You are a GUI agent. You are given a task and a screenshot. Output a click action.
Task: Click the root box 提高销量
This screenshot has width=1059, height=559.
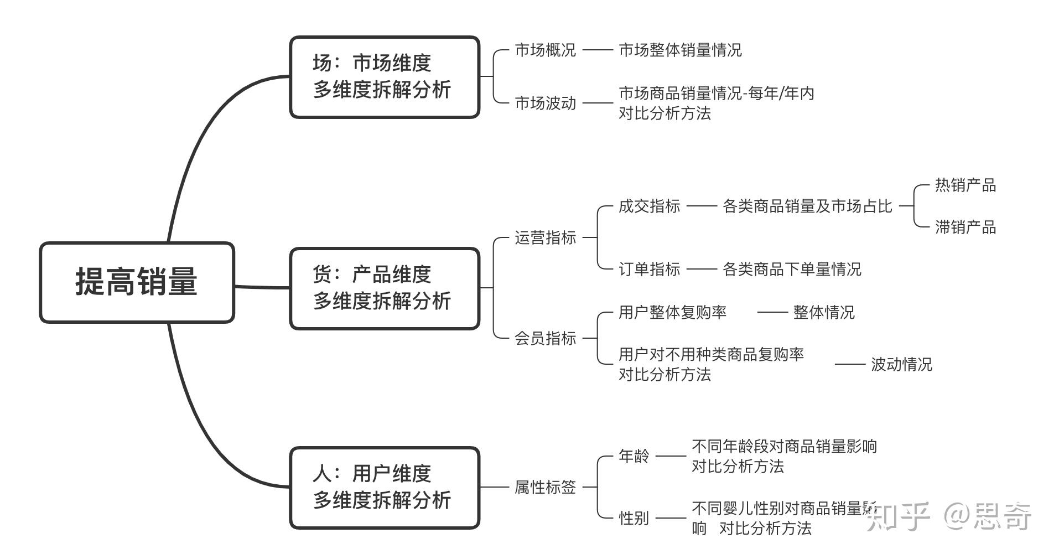point(137,282)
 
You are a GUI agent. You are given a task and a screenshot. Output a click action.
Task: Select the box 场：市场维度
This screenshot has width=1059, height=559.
point(384,77)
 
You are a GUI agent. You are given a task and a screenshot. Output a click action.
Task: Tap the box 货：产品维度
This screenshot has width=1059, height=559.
point(384,288)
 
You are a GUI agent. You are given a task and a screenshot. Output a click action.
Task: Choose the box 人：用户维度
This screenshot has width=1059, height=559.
point(384,488)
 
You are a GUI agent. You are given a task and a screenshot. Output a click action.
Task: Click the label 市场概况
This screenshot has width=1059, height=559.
point(545,50)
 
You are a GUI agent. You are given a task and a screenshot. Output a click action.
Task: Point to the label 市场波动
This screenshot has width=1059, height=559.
point(545,103)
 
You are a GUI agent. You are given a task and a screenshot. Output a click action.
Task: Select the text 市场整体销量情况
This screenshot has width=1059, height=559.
point(680,50)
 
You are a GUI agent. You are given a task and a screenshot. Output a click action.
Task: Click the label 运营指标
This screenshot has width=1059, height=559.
point(545,238)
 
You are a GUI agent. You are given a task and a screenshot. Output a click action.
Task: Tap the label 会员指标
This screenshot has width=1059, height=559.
point(545,338)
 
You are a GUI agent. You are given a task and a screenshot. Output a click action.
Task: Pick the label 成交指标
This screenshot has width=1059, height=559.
point(649,206)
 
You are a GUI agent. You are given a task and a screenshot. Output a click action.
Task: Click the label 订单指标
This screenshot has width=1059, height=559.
point(649,270)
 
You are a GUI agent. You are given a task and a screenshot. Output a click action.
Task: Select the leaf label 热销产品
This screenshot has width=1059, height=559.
point(965,185)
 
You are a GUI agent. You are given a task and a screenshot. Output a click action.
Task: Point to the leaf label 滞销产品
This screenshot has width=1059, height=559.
point(965,227)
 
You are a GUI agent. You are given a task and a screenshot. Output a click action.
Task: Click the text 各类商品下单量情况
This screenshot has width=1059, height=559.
point(792,270)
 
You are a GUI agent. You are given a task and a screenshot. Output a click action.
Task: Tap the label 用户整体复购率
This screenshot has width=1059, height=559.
point(672,313)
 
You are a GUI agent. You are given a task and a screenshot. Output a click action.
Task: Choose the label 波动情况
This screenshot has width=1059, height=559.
point(901,365)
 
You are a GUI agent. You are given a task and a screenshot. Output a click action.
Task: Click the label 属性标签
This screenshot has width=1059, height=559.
point(545,488)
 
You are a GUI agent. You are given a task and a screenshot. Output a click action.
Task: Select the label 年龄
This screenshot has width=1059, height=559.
point(634,457)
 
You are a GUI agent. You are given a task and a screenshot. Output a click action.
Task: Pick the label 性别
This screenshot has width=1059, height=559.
point(634,519)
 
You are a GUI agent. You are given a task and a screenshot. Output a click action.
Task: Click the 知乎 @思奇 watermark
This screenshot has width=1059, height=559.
point(948,516)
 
